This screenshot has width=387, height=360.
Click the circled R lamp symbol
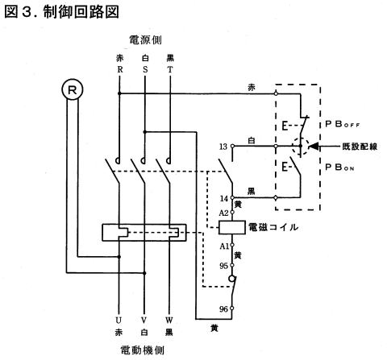click(x=72, y=89)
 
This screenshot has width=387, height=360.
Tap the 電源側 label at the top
click(x=145, y=40)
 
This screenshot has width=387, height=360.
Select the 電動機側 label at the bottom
click(x=142, y=350)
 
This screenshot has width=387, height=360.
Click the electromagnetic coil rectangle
click(x=232, y=227)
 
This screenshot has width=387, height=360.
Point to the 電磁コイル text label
click(x=273, y=227)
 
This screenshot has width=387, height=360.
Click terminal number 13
click(x=223, y=147)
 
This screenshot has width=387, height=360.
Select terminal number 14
click(x=224, y=198)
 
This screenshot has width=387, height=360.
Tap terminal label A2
click(x=223, y=213)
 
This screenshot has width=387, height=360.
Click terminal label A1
click(x=224, y=246)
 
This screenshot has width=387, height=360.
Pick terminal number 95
click(x=223, y=266)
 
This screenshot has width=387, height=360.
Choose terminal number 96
click(x=223, y=309)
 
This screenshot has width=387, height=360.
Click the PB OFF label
click(x=343, y=124)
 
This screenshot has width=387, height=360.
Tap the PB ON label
click(x=339, y=168)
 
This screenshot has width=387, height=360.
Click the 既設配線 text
click(x=360, y=147)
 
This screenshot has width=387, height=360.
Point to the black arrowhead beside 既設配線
click(x=314, y=147)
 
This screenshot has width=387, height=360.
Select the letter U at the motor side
click(x=119, y=321)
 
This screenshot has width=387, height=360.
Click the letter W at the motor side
click(x=169, y=321)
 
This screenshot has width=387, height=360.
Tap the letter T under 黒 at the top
click(x=170, y=69)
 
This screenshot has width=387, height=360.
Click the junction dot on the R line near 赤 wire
click(x=119, y=93)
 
